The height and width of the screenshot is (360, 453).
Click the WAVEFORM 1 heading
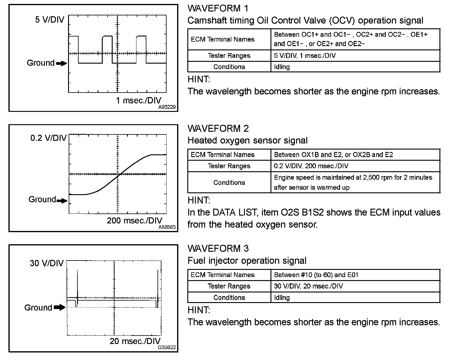pyautogui.click(x=218, y=8)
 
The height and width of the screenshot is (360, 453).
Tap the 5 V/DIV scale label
pyautogui.click(x=49, y=20)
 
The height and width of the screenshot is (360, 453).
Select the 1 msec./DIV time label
pyautogui.click(x=139, y=100)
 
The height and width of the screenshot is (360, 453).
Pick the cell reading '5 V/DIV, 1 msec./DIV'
pyautogui.click(x=305, y=56)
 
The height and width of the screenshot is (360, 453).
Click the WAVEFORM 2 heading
pyautogui.click(x=218, y=128)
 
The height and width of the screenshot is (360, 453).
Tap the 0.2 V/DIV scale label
pyautogui.click(x=48, y=138)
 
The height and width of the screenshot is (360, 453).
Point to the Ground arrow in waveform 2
pyautogui.click(x=62, y=201)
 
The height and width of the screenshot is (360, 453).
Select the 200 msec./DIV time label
pyautogui.click(x=134, y=220)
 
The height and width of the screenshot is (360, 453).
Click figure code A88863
pyautogui.click(x=167, y=227)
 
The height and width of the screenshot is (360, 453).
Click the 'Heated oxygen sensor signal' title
pyautogui.click(x=247, y=141)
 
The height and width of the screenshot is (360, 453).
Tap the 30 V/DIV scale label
pyautogui.click(x=47, y=263)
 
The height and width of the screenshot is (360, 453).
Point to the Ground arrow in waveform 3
pyautogui.click(x=60, y=308)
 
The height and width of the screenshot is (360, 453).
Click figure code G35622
pyautogui.click(x=167, y=347)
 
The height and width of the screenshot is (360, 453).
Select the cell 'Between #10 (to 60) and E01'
pyautogui.click(x=316, y=275)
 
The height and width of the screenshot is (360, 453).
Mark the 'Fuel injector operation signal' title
pyautogui.click(x=247, y=261)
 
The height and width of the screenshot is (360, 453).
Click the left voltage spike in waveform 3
pyautogui.click(x=77, y=283)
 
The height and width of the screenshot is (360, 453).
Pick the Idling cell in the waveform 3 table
pyautogui.click(x=282, y=298)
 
